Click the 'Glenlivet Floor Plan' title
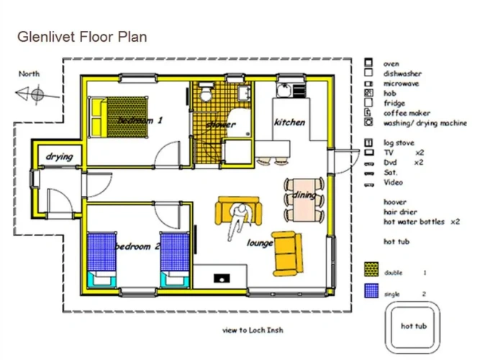(x=82, y=37)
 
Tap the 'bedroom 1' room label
(x=140, y=120)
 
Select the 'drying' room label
(x=60, y=157)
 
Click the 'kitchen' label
(x=289, y=122)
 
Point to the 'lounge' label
(x=260, y=243)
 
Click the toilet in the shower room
(x=206, y=91)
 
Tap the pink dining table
(x=304, y=200)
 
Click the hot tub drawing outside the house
(x=412, y=327)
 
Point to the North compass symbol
(x=37, y=94)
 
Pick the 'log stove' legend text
(x=399, y=143)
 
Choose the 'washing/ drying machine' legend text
(x=425, y=123)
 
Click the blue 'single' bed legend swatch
(x=371, y=291)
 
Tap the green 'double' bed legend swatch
(x=371, y=269)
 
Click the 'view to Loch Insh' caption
(x=253, y=330)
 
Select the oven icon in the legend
(x=368, y=63)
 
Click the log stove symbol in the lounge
(x=222, y=278)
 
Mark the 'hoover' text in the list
(x=395, y=202)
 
